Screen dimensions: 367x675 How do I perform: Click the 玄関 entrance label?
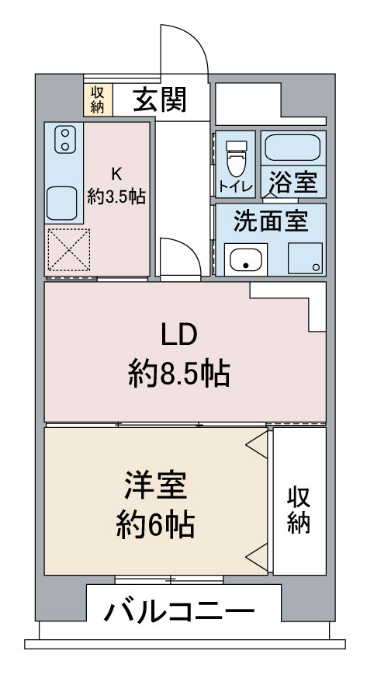click(160, 100)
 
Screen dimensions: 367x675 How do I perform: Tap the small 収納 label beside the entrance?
click(98, 100)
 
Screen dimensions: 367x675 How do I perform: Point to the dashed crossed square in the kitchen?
click(69, 249)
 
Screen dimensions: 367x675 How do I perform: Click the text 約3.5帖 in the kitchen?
click(116, 197)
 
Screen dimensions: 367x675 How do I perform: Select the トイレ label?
click(236, 188)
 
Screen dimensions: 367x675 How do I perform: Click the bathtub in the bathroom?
click(293, 148)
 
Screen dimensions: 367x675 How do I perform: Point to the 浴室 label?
click(293, 182)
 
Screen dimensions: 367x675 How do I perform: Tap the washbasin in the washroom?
click(246, 259)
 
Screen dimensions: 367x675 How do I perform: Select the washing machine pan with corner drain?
click(305, 259)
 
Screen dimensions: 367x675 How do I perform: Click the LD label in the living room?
click(179, 335)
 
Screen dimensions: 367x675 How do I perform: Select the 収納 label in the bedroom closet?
click(299, 510)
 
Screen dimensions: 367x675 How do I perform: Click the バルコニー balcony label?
click(179, 611)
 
